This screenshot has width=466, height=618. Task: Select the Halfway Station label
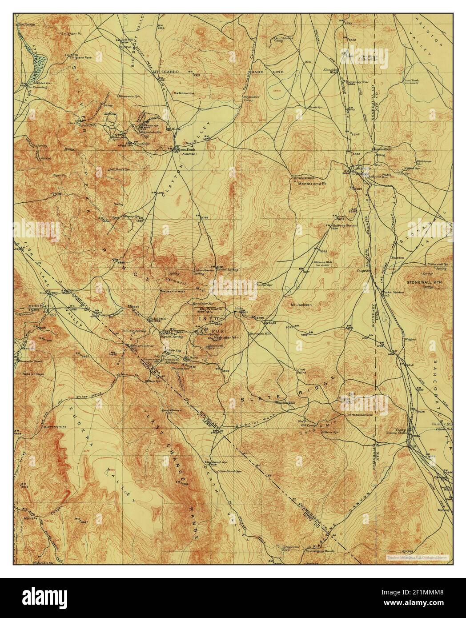[345, 225]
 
